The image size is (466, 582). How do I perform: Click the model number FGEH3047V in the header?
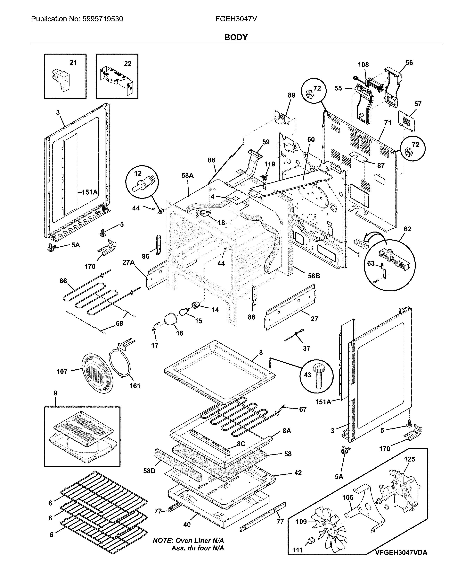click(236, 19)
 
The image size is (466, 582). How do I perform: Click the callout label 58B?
click(314, 276)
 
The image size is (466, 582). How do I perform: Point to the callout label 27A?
click(128, 262)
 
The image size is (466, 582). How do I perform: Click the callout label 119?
click(270, 164)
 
